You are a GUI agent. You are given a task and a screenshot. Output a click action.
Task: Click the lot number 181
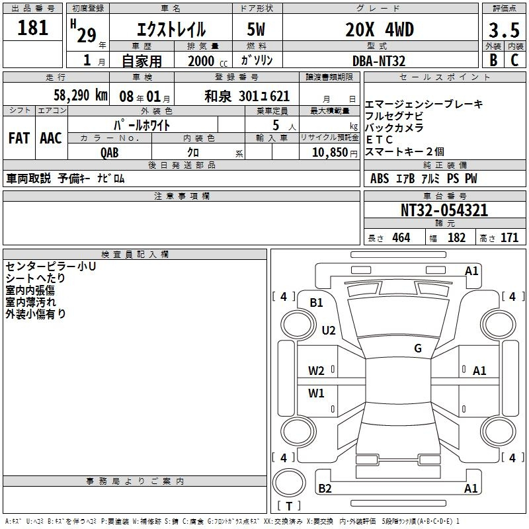coord(32,28)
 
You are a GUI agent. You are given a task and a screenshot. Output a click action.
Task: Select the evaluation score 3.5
coord(504,30)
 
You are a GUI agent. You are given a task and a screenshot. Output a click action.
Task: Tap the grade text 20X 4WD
coord(380,30)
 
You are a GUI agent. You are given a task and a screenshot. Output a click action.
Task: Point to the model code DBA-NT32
coord(379,61)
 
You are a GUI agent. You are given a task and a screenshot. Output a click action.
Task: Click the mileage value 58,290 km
coord(81,95)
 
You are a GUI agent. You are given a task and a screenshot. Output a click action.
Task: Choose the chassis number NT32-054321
coord(444,210)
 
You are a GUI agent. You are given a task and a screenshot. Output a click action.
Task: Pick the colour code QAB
coord(110,153)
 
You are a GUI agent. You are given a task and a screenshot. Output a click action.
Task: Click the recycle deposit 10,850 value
coord(330,153)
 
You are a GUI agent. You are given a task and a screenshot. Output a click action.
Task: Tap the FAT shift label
coord(19,138)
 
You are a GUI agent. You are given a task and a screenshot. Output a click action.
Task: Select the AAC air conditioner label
coord(51,138)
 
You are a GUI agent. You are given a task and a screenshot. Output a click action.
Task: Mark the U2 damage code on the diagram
coord(329,330)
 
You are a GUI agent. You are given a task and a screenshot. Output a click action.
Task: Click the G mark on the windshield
coord(418,348)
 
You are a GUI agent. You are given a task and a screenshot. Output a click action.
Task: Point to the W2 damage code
coord(316,371)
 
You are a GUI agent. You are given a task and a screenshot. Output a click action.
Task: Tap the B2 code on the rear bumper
coord(325,488)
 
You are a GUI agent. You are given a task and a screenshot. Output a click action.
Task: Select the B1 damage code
coord(317,303)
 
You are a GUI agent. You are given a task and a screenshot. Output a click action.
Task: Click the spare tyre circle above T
coord(289,483)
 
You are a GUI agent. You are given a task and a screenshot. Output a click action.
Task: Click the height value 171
coord(509,238)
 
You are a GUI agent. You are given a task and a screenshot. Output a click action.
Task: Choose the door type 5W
coord(256,30)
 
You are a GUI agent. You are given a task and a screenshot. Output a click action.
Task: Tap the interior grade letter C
coord(514,60)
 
